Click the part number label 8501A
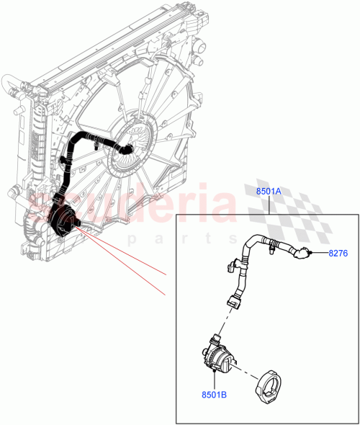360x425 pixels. (269, 190)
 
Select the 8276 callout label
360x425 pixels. (338, 253)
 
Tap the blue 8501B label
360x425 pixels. (213, 395)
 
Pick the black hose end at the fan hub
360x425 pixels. (127, 149)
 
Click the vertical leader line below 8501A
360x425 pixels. (269, 205)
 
